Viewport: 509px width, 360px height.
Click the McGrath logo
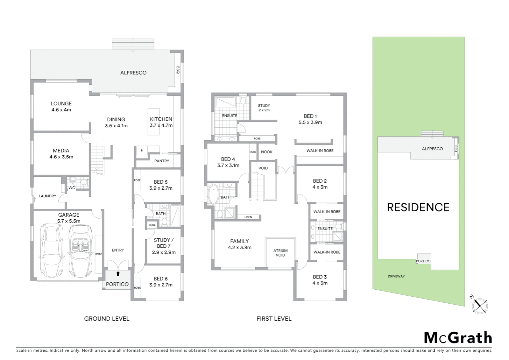(x=458, y=338)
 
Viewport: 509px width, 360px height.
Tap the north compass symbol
(x=480, y=305)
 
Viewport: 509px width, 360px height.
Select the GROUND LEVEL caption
(x=107, y=319)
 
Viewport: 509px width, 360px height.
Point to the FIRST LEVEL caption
(x=274, y=319)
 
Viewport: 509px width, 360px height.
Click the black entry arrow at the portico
(x=118, y=274)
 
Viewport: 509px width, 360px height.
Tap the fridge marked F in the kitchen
(x=142, y=150)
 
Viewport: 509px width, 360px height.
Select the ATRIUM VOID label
(x=280, y=253)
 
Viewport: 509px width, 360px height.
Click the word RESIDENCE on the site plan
(x=418, y=207)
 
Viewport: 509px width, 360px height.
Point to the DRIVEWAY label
(x=396, y=276)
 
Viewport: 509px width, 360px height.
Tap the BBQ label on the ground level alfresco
(x=178, y=70)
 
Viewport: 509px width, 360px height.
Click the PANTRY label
(x=162, y=161)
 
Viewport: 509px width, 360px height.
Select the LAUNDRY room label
(x=47, y=196)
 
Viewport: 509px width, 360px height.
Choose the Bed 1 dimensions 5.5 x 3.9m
(x=310, y=122)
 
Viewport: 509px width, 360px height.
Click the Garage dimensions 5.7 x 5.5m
(x=69, y=221)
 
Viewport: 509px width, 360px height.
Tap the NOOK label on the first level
(x=266, y=152)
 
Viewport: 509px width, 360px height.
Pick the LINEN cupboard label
(x=248, y=217)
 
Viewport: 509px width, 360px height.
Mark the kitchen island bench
(x=154, y=122)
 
